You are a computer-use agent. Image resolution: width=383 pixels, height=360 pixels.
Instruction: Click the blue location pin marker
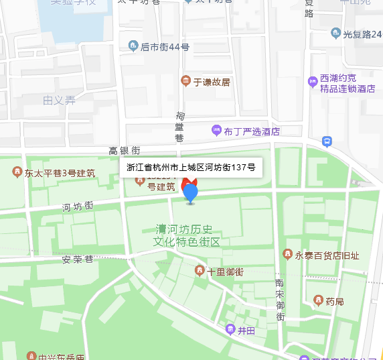click(x=191, y=193)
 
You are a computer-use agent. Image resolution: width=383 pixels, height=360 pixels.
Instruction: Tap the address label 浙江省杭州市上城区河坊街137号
click(x=191, y=167)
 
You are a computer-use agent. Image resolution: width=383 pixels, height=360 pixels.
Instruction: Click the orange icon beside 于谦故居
click(x=186, y=82)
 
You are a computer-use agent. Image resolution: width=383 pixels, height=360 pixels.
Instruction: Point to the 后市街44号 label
click(x=165, y=47)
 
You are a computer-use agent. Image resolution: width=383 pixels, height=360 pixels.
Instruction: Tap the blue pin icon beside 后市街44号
click(x=133, y=46)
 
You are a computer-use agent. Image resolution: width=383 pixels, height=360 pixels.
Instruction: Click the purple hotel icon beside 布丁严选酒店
click(x=216, y=131)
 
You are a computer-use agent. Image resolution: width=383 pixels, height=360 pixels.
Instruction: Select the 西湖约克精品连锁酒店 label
click(x=348, y=84)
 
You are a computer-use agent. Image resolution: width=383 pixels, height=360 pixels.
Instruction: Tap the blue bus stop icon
click(x=327, y=141)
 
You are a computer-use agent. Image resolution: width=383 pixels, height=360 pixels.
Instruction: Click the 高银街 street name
click(x=125, y=151)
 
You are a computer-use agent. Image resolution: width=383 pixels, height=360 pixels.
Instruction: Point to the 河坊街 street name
click(x=78, y=206)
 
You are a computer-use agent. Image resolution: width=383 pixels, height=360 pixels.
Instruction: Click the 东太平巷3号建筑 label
click(x=60, y=173)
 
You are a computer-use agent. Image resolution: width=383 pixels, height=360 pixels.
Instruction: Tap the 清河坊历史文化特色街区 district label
click(x=187, y=235)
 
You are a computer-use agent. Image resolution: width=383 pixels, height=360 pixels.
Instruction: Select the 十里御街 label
click(x=225, y=272)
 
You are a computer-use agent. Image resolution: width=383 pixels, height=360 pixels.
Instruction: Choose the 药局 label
click(x=335, y=301)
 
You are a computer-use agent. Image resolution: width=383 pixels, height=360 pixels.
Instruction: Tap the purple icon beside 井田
click(x=230, y=330)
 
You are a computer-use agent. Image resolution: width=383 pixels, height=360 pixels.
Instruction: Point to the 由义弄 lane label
click(x=59, y=101)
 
